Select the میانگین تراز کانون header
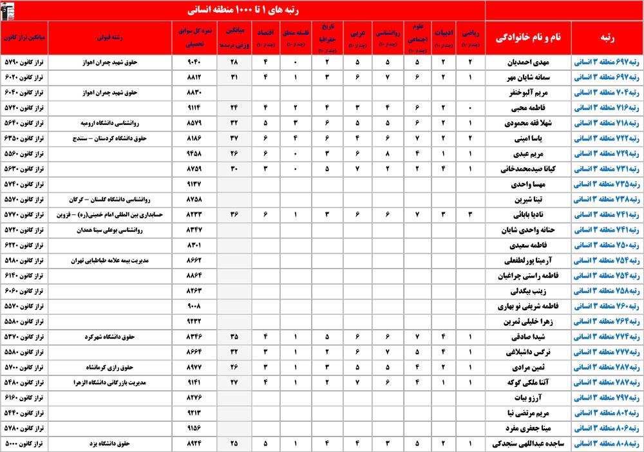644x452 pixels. pos(24,38)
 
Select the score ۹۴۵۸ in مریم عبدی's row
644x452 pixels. pos(194,154)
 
